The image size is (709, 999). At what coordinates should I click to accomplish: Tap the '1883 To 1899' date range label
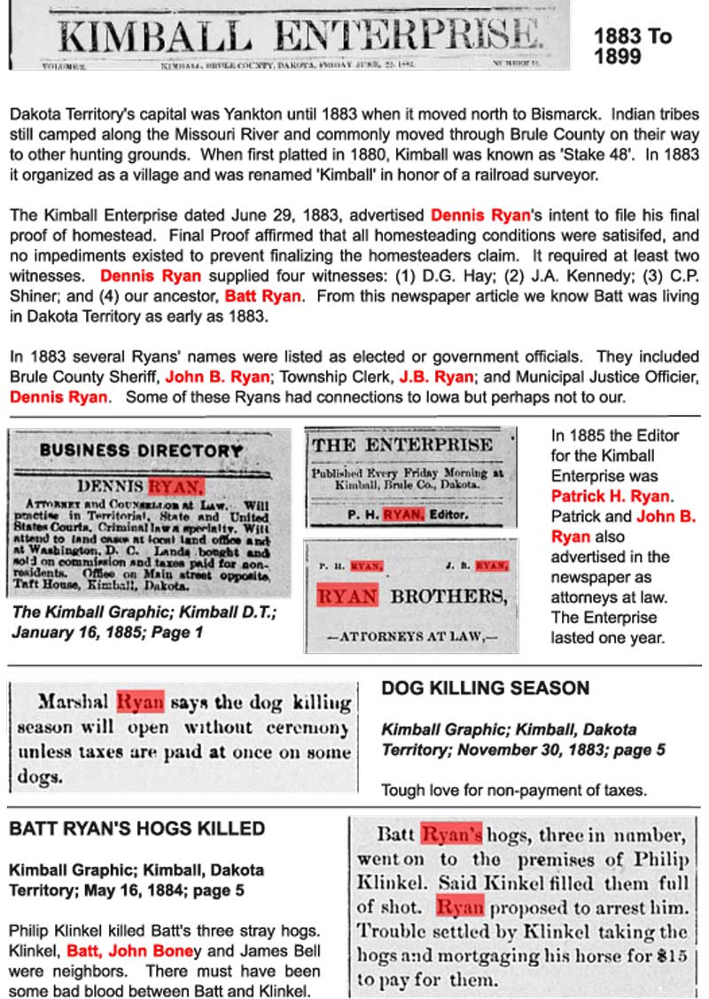click(632, 46)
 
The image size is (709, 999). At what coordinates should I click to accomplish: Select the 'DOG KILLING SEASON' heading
click(485, 688)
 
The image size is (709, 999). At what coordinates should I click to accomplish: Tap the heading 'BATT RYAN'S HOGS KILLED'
click(137, 830)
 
